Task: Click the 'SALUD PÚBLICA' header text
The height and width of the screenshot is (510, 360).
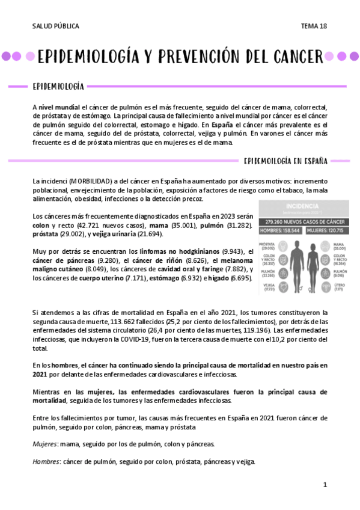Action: (x=55, y=26)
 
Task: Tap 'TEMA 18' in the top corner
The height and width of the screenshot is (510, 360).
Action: (x=314, y=26)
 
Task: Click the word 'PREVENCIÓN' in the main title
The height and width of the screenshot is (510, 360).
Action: (x=196, y=57)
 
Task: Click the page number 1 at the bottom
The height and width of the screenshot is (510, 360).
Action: (x=325, y=484)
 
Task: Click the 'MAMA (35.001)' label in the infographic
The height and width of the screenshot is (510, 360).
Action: (x=340, y=245)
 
